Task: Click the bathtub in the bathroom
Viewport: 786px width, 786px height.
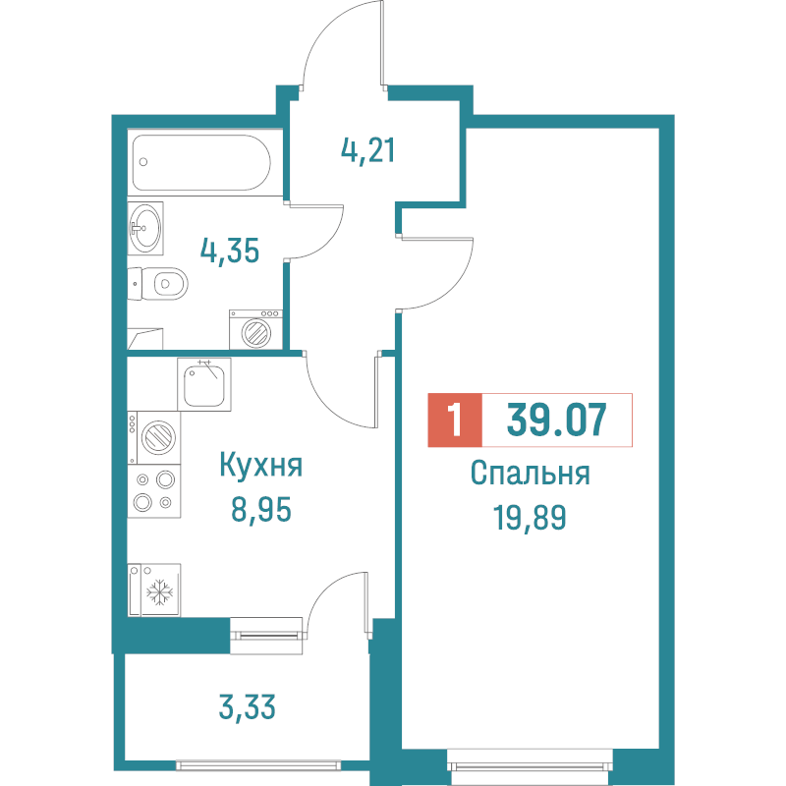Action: click(x=200, y=163)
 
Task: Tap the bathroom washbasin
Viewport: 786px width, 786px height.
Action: click(x=146, y=228)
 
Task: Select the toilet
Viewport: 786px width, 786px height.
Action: click(x=163, y=284)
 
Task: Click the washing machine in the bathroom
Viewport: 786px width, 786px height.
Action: click(x=255, y=329)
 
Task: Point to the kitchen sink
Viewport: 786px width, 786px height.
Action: click(x=205, y=384)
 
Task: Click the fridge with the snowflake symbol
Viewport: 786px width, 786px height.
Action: click(x=154, y=590)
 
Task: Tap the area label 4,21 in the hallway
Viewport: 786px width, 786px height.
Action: click(x=367, y=151)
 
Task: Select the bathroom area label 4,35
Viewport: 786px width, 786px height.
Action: click(x=229, y=251)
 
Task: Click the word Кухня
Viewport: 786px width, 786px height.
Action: click(x=260, y=466)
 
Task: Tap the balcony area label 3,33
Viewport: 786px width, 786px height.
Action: click(x=246, y=705)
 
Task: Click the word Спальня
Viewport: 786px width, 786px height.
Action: click(x=530, y=475)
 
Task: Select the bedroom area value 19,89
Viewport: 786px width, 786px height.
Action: click(x=530, y=518)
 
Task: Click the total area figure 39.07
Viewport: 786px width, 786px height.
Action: click(x=556, y=421)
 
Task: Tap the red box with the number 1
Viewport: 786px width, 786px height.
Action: click(x=455, y=421)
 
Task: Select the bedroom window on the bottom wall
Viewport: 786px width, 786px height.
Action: click(x=531, y=761)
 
